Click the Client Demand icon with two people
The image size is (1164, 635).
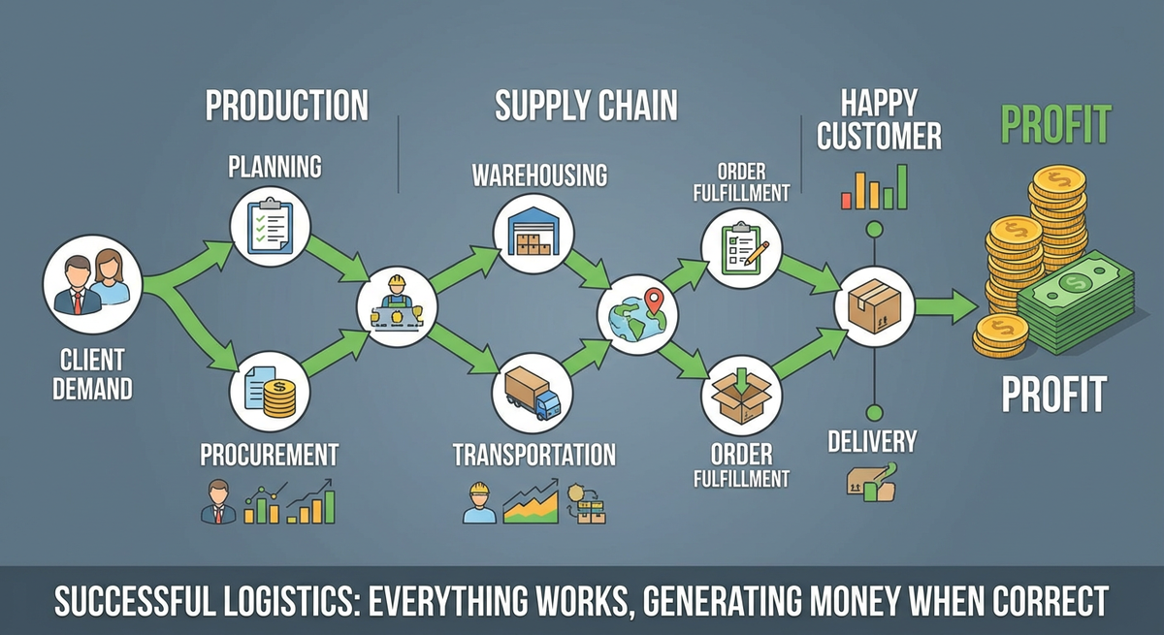(x=92, y=284)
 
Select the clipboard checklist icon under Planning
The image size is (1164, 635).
(x=270, y=227)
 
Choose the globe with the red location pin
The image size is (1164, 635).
(x=638, y=313)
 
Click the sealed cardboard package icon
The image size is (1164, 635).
(x=875, y=307)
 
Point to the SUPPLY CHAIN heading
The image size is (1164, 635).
(x=586, y=106)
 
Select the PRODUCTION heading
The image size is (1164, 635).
(x=287, y=106)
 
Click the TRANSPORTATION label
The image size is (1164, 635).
(x=533, y=454)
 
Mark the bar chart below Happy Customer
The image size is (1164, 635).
(x=874, y=187)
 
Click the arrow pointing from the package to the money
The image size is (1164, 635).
(x=946, y=307)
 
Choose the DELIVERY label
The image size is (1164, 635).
(x=872, y=442)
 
